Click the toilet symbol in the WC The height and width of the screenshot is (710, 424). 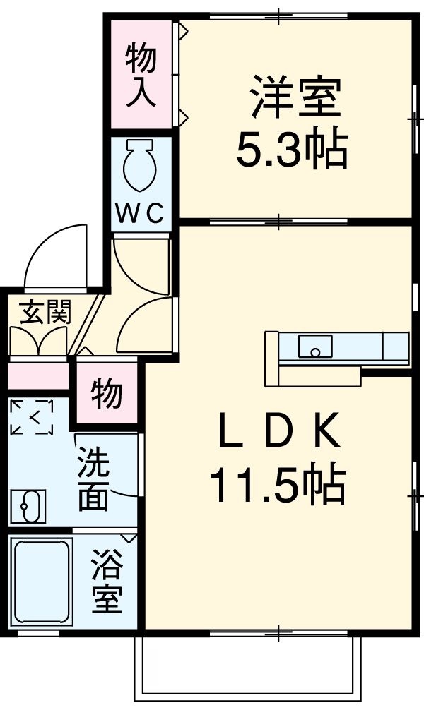point(139,164)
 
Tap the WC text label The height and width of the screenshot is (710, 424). point(140,212)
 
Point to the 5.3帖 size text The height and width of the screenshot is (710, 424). point(291,150)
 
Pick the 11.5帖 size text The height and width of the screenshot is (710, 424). point(277,485)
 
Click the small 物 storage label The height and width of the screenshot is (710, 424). point(107,393)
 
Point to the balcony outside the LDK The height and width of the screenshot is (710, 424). point(251,667)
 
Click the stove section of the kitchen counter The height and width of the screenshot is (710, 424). point(394,347)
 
